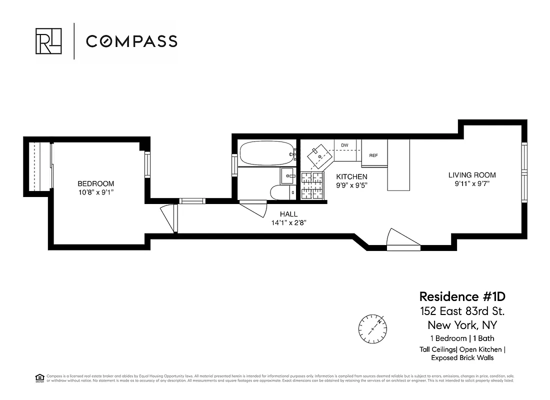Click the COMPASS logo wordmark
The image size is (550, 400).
point(131,41)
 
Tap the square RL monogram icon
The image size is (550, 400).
point(48,41)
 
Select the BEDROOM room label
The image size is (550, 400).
point(95,183)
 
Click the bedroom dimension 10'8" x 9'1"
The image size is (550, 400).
point(95,192)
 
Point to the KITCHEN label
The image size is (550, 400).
point(351,176)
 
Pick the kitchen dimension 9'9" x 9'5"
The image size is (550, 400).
point(351,185)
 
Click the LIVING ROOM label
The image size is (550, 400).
point(472,175)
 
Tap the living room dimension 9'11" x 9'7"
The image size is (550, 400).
point(472,184)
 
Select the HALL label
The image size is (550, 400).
point(288,214)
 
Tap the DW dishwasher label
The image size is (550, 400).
point(344,145)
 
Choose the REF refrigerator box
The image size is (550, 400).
point(373,155)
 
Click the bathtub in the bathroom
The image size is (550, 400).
point(266,153)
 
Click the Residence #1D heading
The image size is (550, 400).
point(458,296)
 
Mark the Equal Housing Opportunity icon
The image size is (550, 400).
point(39,378)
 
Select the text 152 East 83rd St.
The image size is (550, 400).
point(462,311)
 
